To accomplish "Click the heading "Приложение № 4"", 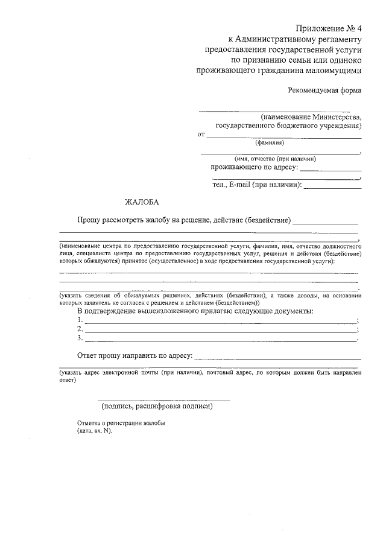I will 329,28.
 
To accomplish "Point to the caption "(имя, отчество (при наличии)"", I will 276,159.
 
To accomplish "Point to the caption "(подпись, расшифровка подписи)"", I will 157,406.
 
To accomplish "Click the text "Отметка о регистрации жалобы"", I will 121,424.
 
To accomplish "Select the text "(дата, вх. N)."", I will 95,432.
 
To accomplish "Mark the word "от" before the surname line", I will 201,134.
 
